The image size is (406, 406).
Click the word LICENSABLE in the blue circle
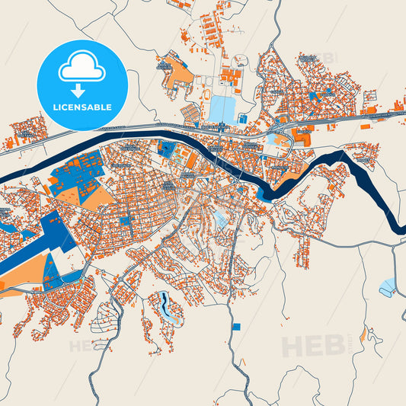(82, 107)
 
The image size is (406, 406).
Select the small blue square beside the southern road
(236, 326)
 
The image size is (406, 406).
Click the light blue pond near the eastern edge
(387, 287)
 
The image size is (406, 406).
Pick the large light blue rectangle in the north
(222, 108)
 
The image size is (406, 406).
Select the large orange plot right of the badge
(178, 72)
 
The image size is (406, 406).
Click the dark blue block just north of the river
(166, 149)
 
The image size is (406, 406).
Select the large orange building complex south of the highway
(302, 138)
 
